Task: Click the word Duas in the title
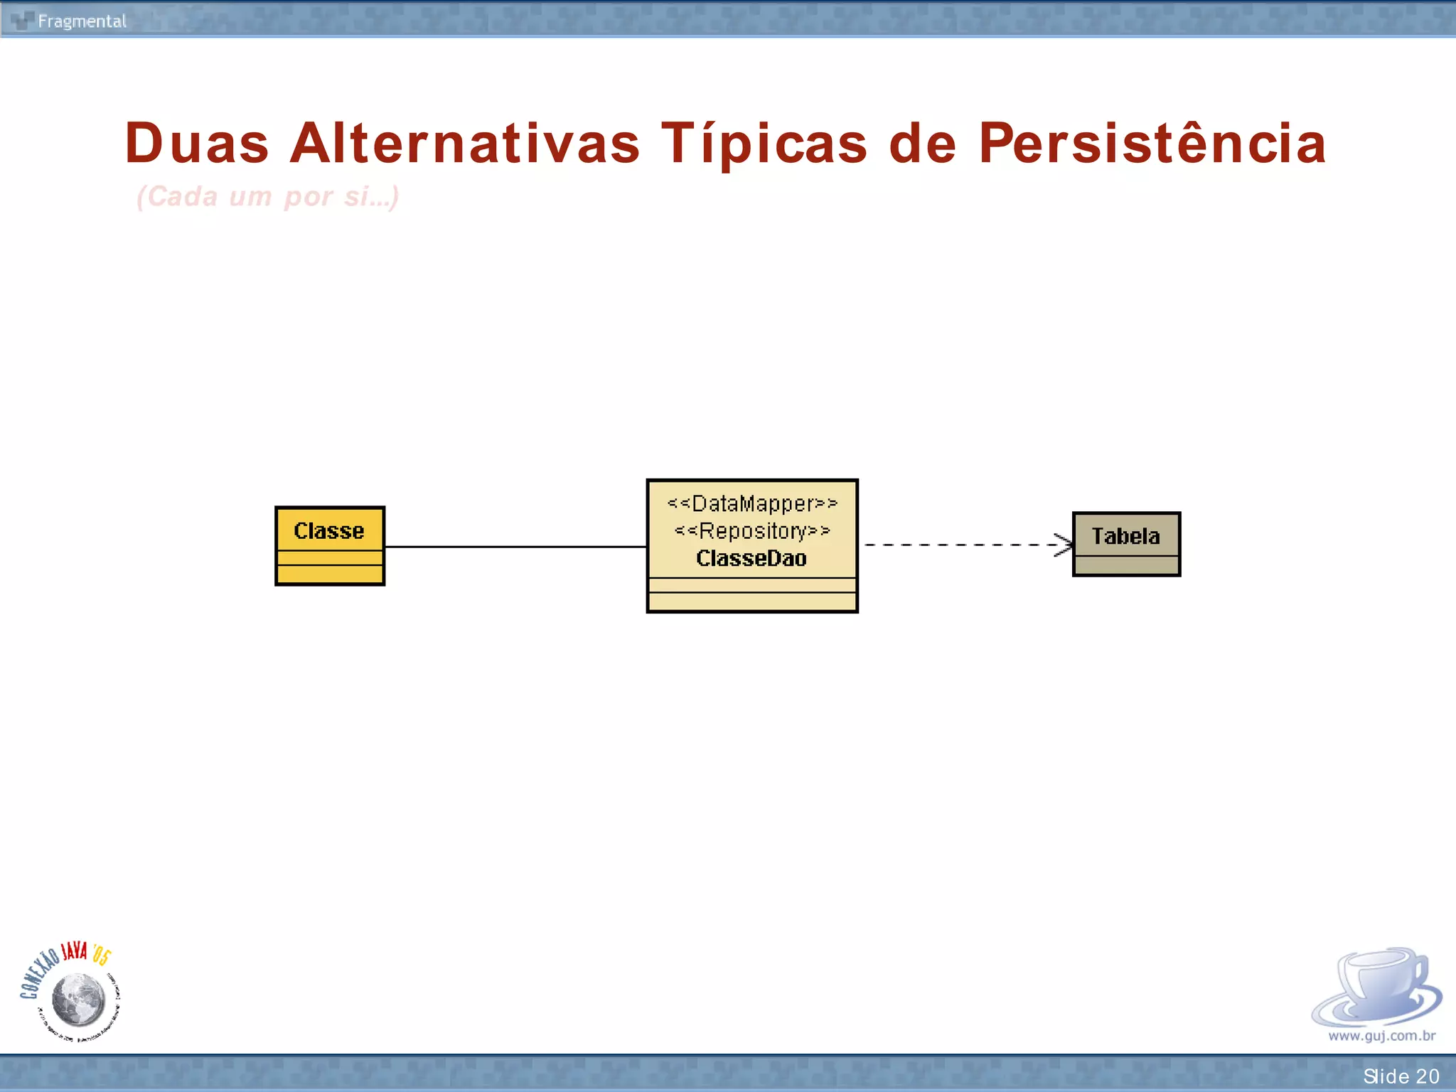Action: tap(197, 144)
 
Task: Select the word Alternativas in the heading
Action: tap(465, 144)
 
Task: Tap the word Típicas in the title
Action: tap(764, 144)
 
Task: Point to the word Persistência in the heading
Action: tap(1152, 144)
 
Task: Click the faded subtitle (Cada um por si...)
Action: tap(267, 196)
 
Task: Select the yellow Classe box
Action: tap(330, 546)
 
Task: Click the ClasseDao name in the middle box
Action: tap(751, 559)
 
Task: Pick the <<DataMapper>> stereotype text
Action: tap(752, 503)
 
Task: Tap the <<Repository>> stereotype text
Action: tap(752, 531)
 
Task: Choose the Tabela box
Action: tap(1126, 544)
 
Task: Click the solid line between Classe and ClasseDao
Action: tap(515, 547)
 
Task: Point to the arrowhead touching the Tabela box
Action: tap(1065, 545)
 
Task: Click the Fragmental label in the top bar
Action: tap(82, 21)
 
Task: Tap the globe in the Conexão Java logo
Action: tap(79, 999)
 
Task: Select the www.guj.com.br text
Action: tap(1381, 1036)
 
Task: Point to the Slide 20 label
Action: tap(1401, 1076)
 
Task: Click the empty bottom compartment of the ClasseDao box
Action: tap(752, 601)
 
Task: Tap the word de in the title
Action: tap(922, 144)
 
